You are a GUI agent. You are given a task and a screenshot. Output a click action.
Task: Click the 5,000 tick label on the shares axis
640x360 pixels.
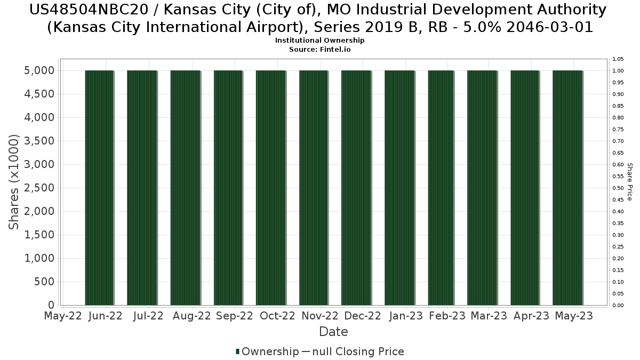pos(38,70)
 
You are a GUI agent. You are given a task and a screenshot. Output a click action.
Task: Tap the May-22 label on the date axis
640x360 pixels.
pos(63,316)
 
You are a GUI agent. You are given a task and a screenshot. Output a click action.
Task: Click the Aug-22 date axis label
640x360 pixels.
pos(192,316)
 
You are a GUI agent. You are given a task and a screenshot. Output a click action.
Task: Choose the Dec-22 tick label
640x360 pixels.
pos(362,316)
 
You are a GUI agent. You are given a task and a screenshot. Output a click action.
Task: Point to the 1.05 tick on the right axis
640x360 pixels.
pos(618,59)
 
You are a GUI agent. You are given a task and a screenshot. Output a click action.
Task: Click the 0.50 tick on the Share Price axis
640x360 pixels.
pos(618,188)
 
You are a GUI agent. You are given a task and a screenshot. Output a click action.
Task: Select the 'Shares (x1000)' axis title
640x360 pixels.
pos(15,182)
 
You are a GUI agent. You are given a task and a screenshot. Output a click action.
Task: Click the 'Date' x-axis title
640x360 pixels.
pos(333,332)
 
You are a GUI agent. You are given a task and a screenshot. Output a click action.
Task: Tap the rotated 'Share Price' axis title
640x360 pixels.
pos(630,182)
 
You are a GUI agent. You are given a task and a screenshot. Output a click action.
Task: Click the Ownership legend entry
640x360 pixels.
pos(267,351)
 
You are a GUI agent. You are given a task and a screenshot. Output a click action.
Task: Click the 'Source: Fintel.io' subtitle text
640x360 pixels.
pos(320,49)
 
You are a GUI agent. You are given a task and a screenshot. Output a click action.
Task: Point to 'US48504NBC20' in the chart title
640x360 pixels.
pos(86,10)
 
